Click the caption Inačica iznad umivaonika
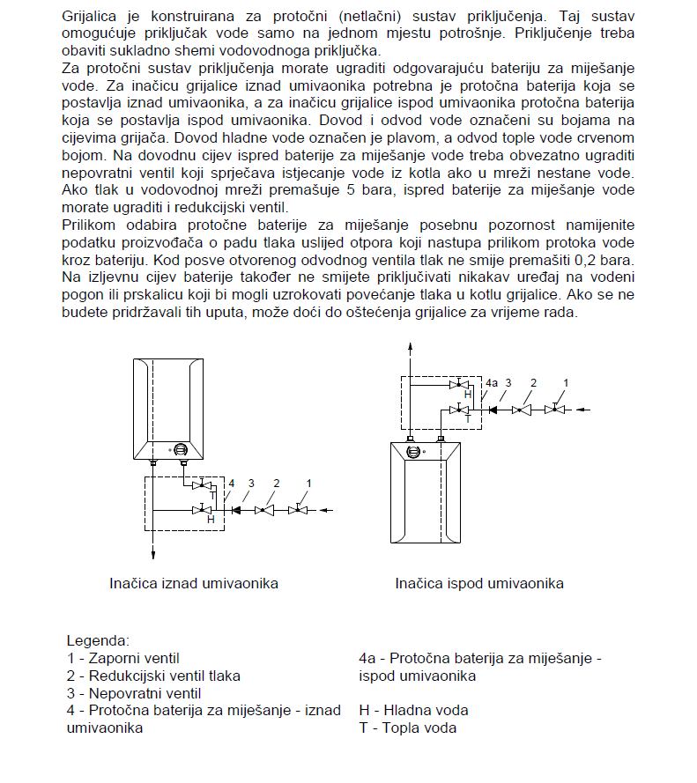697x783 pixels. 194,583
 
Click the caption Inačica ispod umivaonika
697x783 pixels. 479,583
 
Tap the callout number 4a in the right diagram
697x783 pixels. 492,383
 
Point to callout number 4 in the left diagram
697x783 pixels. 232,484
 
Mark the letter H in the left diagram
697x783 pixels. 210,520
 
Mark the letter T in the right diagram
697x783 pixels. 467,420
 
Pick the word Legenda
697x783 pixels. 98,640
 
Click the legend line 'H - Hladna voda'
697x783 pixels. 413,710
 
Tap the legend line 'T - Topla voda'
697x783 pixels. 407,728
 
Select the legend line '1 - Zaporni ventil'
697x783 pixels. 122,658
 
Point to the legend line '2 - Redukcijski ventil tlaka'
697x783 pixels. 153,676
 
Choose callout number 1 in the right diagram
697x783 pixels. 566,382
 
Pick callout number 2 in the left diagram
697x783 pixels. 277,484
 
